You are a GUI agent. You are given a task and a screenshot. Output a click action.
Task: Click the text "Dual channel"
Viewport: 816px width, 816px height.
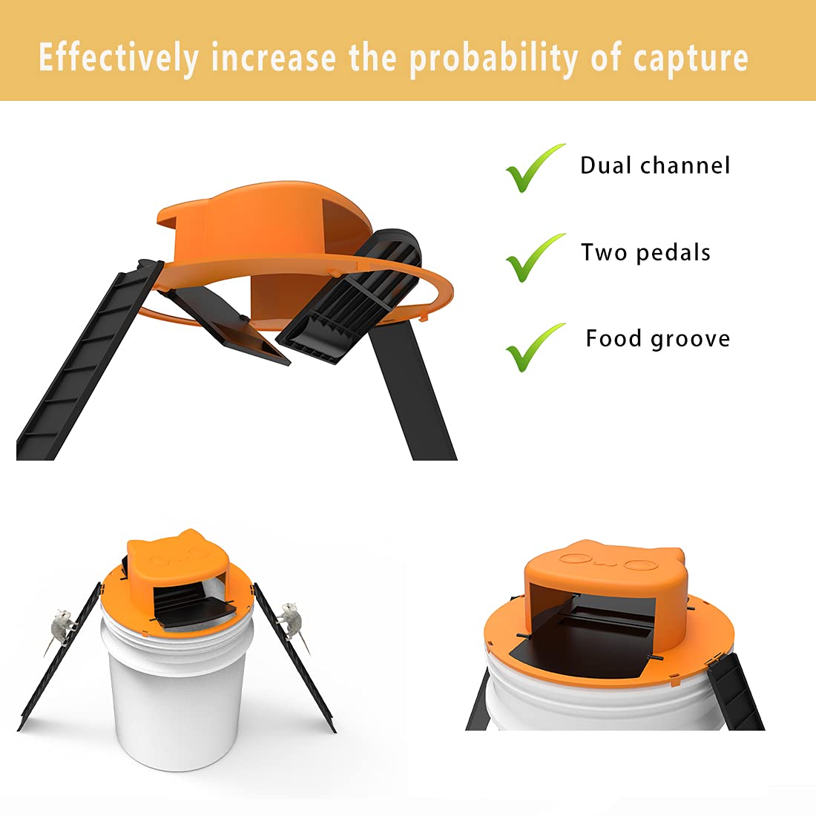click(x=655, y=165)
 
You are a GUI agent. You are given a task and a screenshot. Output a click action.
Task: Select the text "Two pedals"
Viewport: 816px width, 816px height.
click(x=645, y=252)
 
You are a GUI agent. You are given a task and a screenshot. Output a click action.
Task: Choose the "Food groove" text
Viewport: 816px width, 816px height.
click(x=657, y=339)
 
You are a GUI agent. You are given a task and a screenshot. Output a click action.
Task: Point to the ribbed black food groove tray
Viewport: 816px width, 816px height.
click(x=349, y=297)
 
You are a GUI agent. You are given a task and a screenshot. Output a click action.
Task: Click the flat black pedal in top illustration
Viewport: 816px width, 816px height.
click(x=230, y=326)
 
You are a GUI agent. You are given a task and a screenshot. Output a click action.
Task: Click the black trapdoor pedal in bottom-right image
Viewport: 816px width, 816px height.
click(x=586, y=653)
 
